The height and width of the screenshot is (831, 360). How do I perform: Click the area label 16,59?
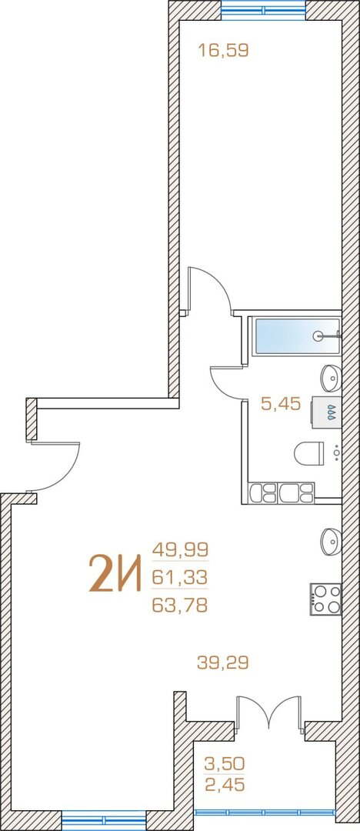[223, 51]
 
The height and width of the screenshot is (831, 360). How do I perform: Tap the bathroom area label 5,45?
[281, 405]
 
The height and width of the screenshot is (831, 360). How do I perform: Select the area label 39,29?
[222, 662]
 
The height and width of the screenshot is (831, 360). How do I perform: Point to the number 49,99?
[180, 549]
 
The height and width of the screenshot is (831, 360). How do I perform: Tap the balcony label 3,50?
[225, 764]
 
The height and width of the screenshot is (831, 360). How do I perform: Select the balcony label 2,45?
[225, 783]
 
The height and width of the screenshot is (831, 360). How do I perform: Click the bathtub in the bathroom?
[298, 335]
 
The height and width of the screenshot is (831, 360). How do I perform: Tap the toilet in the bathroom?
[309, 453]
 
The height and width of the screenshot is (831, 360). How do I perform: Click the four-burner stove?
[325, 599]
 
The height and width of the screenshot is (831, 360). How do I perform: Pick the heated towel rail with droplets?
[325, 411]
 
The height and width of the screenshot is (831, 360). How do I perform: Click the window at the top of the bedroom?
[264, 9]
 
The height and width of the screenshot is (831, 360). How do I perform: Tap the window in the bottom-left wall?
[104, 820]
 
